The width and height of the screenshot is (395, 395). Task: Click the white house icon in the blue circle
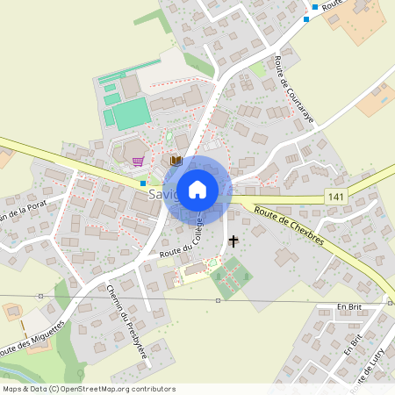pyautogui.click(x=197, y=189)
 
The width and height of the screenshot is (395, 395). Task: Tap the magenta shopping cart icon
pyautogui.click(x=138, y=161)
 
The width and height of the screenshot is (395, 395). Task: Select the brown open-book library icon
pyautogui.click(x=176, y=161)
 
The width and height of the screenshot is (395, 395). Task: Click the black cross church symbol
pyautogui.click(x=233, y=240)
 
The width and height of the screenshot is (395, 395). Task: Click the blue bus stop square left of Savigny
pyautogui.click(x=143, y=183)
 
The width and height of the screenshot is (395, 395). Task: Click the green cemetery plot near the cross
pyautogui.click(x=230, y=278)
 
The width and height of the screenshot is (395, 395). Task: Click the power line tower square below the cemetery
pyautogui.click(x=218, y=300)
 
